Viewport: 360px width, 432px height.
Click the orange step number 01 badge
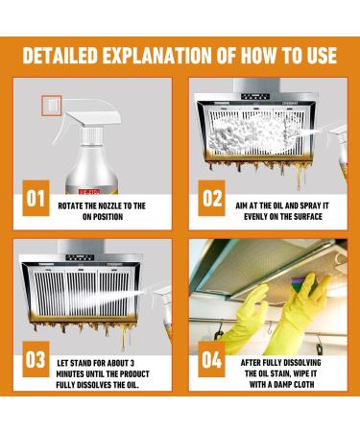tap(36, 198)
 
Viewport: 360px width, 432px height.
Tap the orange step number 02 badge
tap(211, 198)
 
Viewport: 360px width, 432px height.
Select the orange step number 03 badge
tap(36, 359)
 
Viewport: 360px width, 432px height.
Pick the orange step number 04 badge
tap(211, 359)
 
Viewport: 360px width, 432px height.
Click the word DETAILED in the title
tap(60, 56)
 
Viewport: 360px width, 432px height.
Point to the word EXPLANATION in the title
tap(157, 56)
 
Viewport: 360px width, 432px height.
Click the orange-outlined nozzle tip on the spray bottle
tap(51, 105)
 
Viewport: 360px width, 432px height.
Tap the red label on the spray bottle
tap(89, 191)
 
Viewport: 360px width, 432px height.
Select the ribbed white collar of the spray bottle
tap(91, 136)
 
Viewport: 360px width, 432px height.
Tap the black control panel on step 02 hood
tap(255, 97)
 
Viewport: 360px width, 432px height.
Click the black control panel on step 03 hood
tap(80, 257)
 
